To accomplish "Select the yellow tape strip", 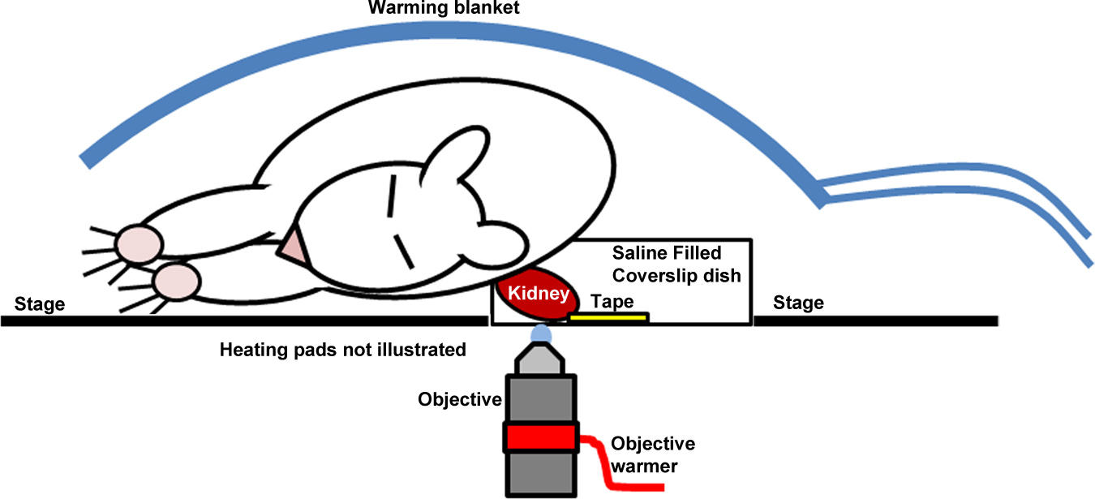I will (x=608, y=316).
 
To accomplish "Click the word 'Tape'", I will (x=612, y=302).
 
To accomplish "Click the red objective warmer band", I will (x=541, y=438).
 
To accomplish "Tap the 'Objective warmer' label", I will (x=652, y=454).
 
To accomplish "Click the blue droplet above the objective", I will (x=540, y=333).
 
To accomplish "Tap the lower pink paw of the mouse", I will (x=175, y=281).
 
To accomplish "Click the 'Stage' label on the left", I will (x=39, y=305).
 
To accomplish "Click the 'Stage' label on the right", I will (x=798, y=303).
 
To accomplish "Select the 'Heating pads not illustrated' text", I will (x=343, y=351).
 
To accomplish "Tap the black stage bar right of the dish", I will (x=875, y=321).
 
